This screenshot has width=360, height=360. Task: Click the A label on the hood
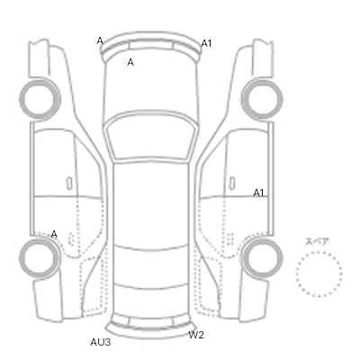pyautogui.click(x=130, y=62)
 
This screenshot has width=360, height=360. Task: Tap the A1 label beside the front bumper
pyautogui.click(x=206, y=43)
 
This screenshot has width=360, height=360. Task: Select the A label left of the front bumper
pyautogui.click(x=100, y=40)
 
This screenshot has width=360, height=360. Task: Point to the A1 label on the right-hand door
pyautogui.click(x=258, y=193)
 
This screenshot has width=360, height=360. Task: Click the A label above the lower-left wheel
pyautogui.click(x=54, y=234)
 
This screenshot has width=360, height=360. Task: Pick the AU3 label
pyautogui.click(x=101, y=342)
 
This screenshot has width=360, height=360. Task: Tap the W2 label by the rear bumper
pyautogui.click(x=196, y=335)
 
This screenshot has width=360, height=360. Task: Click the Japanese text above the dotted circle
pyautogui.click(x=317, y=242)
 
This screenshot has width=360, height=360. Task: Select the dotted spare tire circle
pyautogui.click(x=319, y=252)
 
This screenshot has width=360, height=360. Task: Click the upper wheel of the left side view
pyautogui.click(x=40, y=80)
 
